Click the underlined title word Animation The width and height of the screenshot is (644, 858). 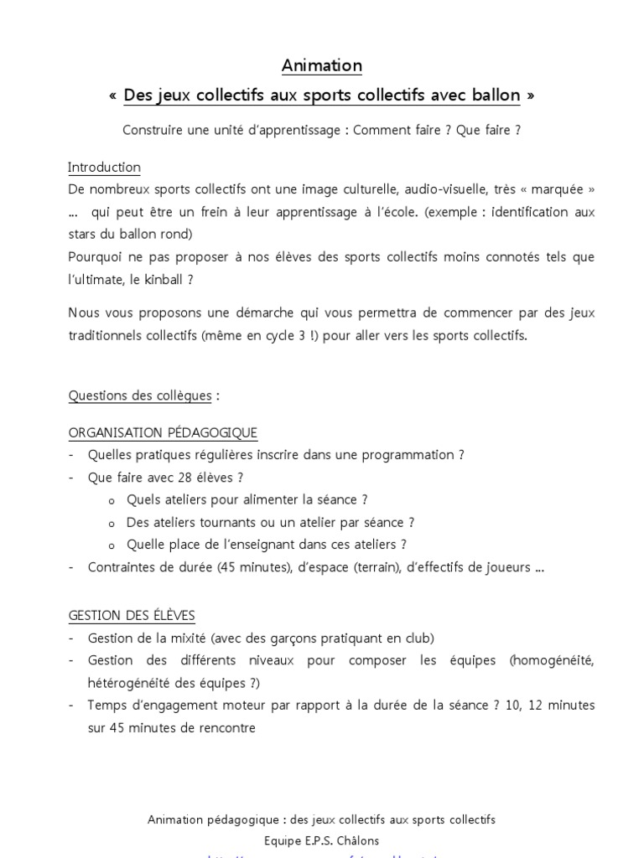click(322, 65)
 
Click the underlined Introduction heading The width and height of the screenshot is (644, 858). click(104, 168)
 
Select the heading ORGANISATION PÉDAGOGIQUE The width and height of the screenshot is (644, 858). click(163, 433)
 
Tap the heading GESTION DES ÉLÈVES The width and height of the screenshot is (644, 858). click(132, 616)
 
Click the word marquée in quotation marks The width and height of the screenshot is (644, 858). click(563, 190)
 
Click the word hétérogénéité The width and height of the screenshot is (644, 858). click(131, 683)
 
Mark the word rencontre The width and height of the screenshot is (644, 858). click(226, 727)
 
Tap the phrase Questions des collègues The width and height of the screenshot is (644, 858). click(140, 395)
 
